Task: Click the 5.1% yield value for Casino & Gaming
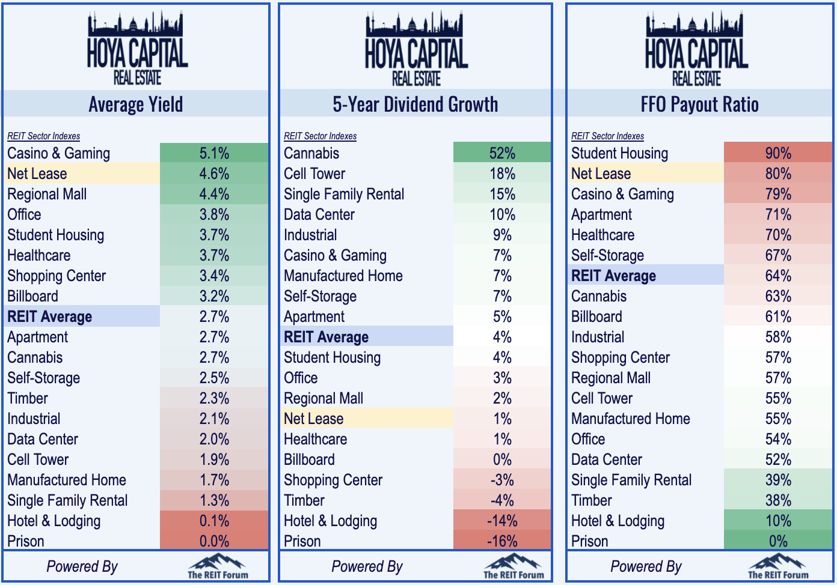(x=214, y=153)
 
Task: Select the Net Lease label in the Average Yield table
(x=37, y=174)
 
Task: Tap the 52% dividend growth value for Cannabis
(x=502, y=153)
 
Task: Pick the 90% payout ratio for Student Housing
(x=778, y=153)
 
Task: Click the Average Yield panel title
(x=136, y=104)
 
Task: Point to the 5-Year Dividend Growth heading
(x=415, y=104)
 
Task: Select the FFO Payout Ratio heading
(x=699, y=104)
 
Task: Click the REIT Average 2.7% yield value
(x=214, y=317)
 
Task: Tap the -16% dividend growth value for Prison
(x=502, y=541)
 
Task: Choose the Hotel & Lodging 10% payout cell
(x=778, y=521)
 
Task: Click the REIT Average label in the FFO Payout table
(x=613, y=276)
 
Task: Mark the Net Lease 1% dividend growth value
(x=502, y=419)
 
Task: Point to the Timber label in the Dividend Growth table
(x=304, y=501)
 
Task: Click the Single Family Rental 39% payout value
(x=778, y=480)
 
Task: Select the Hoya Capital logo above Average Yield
(x=137, y=49)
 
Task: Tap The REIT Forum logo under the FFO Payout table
(x=778, y=566)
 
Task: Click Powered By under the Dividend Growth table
(x=367, y=567)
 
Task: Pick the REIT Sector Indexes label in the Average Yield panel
(x=44, y=136)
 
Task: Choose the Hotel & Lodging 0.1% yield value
(x=214, y=521)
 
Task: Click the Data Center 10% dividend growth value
(x=502, y=214)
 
